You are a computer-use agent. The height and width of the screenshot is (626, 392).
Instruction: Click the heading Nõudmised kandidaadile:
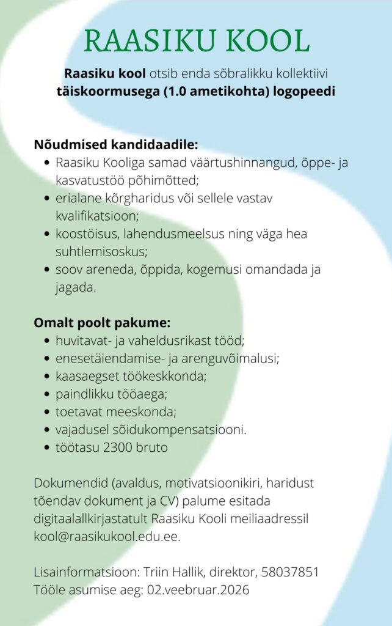[x=115, y=145]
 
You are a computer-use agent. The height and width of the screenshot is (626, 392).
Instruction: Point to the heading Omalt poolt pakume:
[x=101, y=322]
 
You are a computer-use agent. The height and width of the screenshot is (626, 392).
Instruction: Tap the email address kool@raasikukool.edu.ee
[x=107, y=537]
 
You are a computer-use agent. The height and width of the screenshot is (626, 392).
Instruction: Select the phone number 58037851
[x=290, y=573]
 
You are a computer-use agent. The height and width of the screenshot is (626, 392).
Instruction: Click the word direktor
[x=232, y=573]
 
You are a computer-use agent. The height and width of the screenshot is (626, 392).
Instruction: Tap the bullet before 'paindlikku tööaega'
[x=48, y=394]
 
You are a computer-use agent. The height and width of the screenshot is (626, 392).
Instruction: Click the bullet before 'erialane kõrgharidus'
[x=48, y=199]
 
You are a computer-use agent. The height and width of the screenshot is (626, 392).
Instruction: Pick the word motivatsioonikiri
[x=218, y=483]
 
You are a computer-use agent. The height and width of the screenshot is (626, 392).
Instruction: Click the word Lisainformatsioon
[x=85, y=573]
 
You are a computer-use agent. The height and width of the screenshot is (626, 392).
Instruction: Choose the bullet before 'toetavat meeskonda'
[x=48, y=411]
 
